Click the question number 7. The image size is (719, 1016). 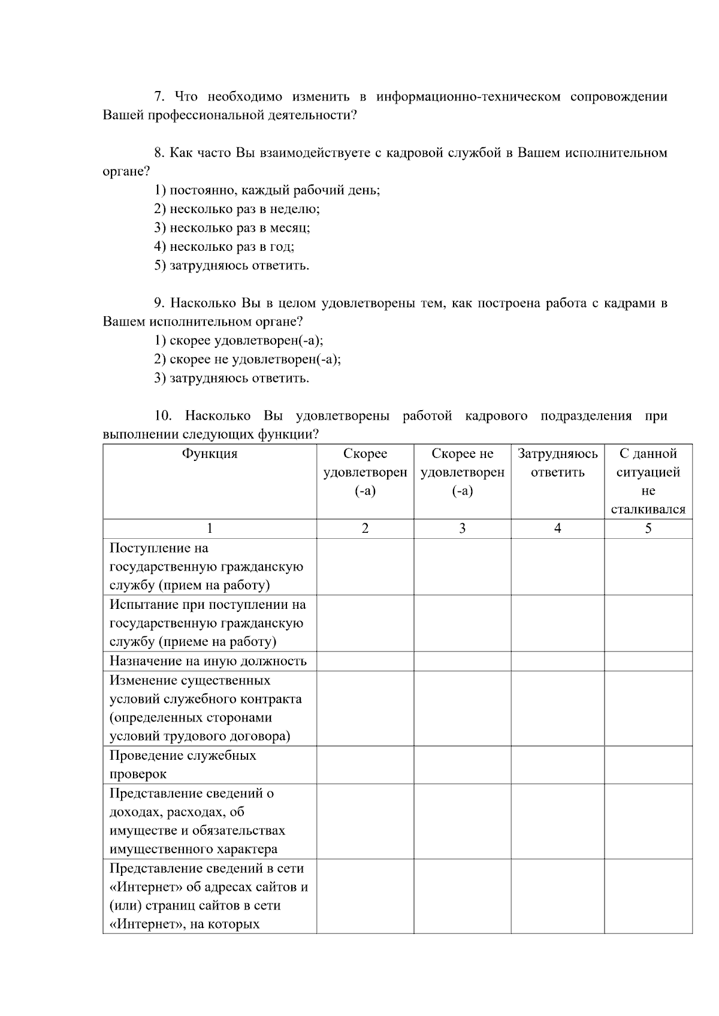[159, 96]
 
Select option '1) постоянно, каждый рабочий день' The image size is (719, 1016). [267, 190]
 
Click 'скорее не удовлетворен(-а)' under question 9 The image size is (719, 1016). [247, 359]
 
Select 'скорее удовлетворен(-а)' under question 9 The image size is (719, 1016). [238, 341]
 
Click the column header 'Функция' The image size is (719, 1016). [210, 454]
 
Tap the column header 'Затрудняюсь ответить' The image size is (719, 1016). [557, 463]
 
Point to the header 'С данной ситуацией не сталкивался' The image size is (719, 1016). [648, 481]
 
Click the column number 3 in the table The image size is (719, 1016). [462, 528]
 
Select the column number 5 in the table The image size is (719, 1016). [648, 528]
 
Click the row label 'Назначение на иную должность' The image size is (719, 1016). [208, 661]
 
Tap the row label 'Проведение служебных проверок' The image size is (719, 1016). [183, 764]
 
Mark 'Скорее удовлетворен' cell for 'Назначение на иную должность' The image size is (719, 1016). [365, 661]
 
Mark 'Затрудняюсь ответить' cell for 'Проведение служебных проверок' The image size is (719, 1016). [557, 765]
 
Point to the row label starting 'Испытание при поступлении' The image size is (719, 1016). [207, 623]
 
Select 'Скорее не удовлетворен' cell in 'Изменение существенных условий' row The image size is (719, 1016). [462, 708]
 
